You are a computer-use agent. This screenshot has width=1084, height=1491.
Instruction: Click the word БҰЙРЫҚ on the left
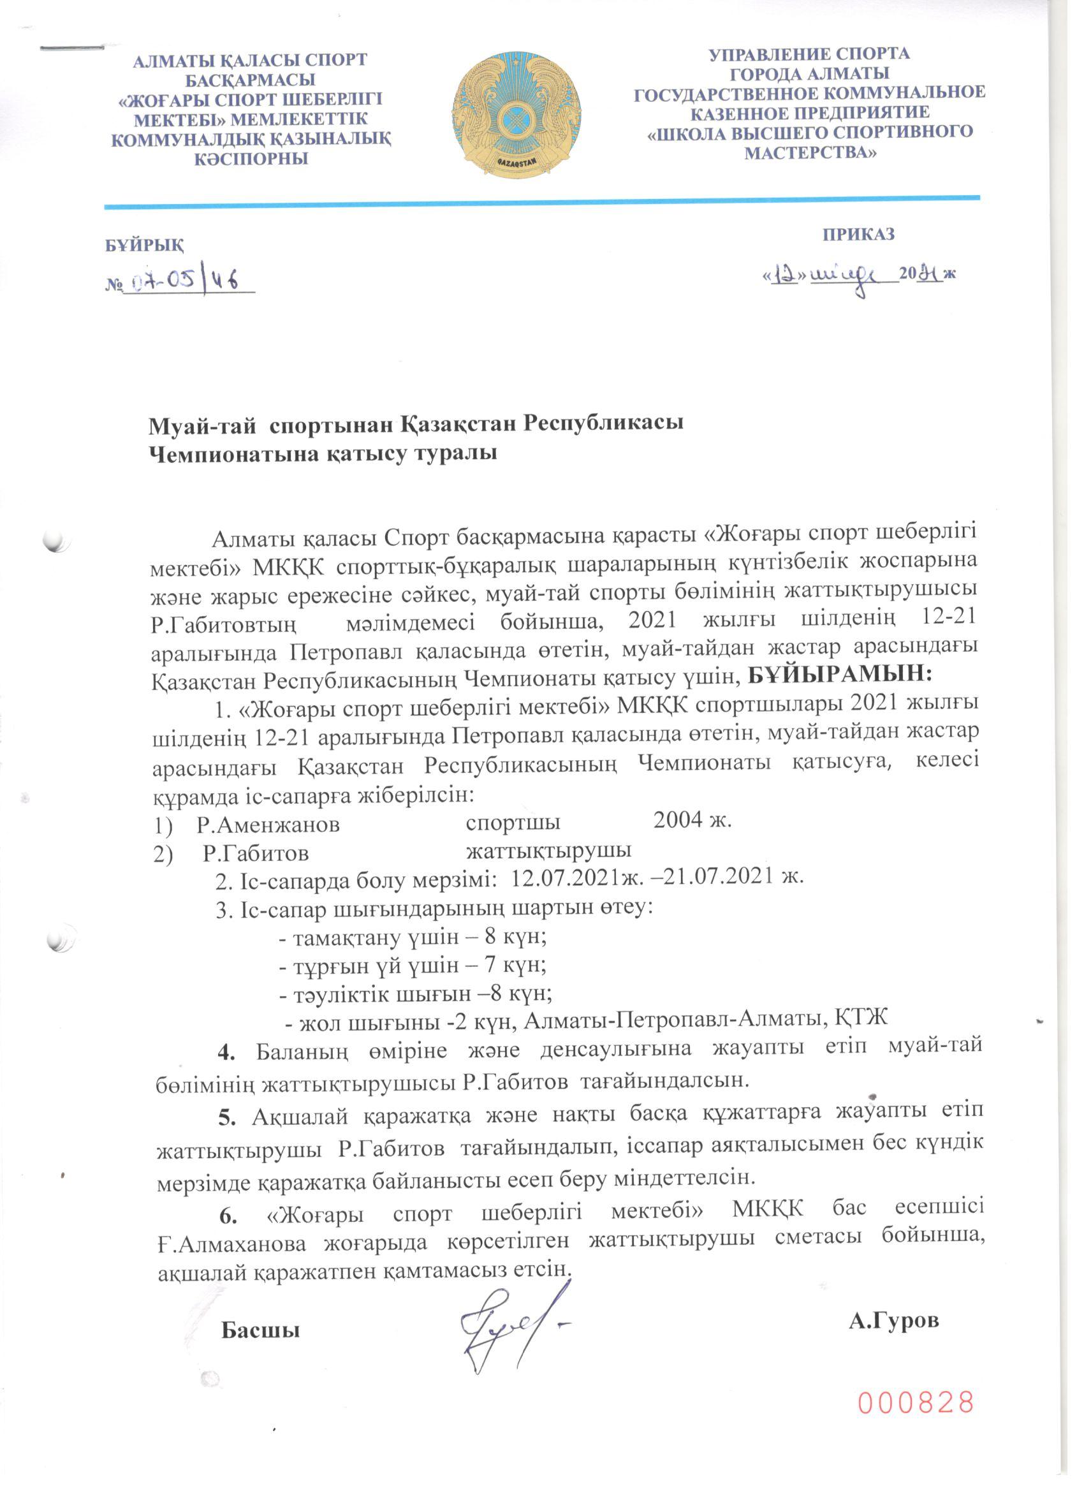click(x=145, y=246)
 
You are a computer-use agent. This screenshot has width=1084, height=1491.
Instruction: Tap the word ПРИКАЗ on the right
click(x=859, y=235)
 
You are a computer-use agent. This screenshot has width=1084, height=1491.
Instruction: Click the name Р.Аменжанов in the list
click(x=268, y=825)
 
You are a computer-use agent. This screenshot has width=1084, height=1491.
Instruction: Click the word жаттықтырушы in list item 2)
click(x=549, y=850)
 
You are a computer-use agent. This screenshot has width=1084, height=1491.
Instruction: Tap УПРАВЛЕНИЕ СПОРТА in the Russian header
click(x=809, y=54)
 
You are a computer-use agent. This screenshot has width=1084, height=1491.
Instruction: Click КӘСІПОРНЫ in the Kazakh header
click(x=251, y=158)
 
